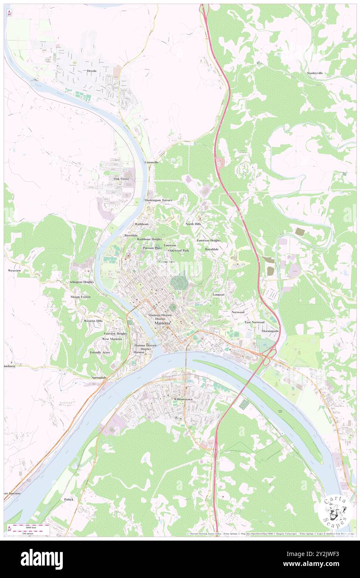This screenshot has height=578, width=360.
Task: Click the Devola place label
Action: point(91,71)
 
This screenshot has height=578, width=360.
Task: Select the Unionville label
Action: point(151,162)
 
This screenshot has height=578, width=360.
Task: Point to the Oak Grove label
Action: point(121,178)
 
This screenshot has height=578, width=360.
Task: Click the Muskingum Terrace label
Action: point(158,200)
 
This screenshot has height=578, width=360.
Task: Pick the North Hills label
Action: point(193,224)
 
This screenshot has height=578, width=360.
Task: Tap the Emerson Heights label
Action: point(209,240)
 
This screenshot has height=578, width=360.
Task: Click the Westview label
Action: point(14,270)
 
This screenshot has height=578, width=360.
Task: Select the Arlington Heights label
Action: point(81,282)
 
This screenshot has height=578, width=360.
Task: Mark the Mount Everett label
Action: point(80,297)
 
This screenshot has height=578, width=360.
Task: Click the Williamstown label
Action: point(183,399)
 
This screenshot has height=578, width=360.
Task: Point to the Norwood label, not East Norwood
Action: point(238,311)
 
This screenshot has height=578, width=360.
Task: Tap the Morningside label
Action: point(269,331)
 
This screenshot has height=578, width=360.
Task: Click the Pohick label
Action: point(69,499)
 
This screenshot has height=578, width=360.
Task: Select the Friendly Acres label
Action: point(100,352)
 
